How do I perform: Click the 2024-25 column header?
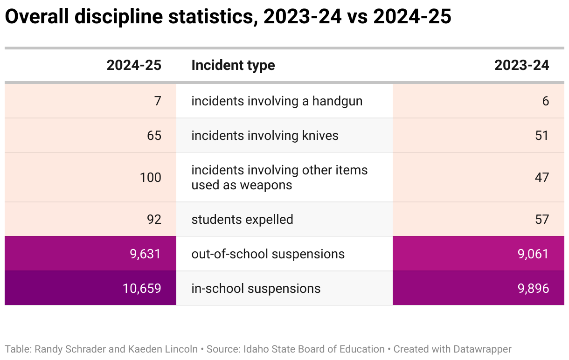coord(134,65)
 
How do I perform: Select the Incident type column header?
coord(233,65)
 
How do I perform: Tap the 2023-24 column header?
coord(521,65)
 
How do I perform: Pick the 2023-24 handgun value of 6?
coord(545,101)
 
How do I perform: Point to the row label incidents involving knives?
coord(265,135)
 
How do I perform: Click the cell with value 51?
coord(541,135)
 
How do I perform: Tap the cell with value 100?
coord(150,177)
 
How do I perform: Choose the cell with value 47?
coord(541,177)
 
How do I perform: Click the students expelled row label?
coord(242,219)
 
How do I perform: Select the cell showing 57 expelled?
coord(541,219)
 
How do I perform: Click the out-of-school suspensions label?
coord(268,254)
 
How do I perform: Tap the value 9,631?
coord(145,254)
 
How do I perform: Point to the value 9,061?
coord(533,254)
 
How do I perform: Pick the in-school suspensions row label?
coord(256,288)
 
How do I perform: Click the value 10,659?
coord(142,288)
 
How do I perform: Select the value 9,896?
coord(533,288)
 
